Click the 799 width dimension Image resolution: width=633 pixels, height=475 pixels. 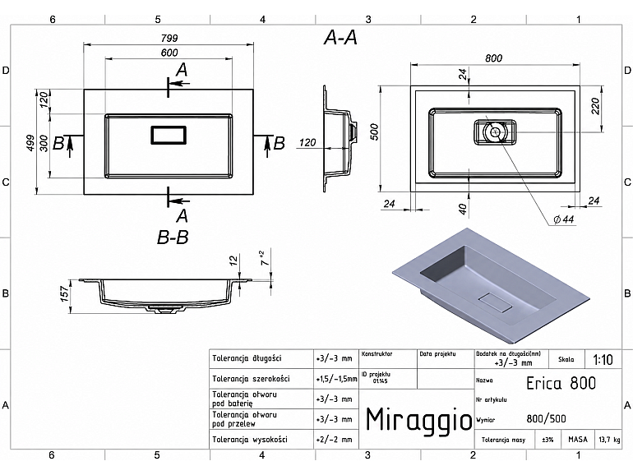point(169,38)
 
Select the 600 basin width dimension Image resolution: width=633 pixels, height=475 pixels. point(169,53)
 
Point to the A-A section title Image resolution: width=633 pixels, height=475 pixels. point(340,38)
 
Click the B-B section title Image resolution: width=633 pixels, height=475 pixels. point(173,237)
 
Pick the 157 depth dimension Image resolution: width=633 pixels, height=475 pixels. point(65,294)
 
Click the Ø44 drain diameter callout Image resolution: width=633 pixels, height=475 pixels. point(564,219)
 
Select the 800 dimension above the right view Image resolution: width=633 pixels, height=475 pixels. point(493,58)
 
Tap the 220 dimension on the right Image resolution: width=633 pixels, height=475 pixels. point(596,106)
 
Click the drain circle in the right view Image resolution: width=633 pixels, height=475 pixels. point(495,131)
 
